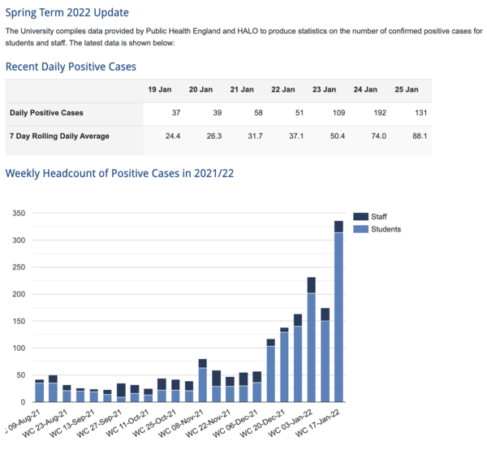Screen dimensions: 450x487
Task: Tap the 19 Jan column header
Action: [159, 89]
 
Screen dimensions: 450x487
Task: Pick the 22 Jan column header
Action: [282, 89]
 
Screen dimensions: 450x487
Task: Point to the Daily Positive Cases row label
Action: [45, 113]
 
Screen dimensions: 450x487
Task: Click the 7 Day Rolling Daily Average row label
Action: [59, 136]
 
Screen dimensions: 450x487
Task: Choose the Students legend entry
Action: [385, 229]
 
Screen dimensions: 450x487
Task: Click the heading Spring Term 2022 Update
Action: [67, 13]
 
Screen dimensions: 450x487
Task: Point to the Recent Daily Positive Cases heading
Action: [71, 67]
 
